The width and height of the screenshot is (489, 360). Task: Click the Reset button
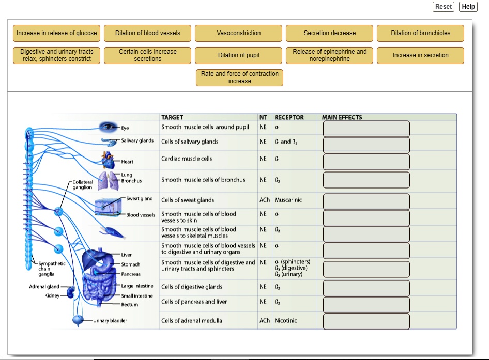pyautogui.click(x=443, y=7)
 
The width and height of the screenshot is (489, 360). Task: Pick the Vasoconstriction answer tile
pyautogui.click(x=238, y=33)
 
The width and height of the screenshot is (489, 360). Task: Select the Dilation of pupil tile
pyautogui.click(x=238, y=55)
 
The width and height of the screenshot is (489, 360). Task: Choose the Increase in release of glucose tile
pyautogui.click(x=57, y=33)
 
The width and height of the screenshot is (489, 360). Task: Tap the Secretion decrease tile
pyautogui.click(x=329, y=33)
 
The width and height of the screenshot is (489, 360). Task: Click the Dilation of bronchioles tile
pyautogui.click(x=420, y=33)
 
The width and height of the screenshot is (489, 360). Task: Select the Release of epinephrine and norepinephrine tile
pyautogui.click(x=329, y=55)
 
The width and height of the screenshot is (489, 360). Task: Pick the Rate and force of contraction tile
pyautogui.click(x=239, y=77)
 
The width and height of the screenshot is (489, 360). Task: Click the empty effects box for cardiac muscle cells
pyautogui.click(x=366, y=162)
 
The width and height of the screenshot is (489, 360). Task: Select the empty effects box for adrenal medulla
pyautogui.click(x=366, y=321)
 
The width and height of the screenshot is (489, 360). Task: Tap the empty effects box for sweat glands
pyautogui.click(x=366, y=201)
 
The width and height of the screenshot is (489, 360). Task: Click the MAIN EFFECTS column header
pyautogui.click(x=342, y=117)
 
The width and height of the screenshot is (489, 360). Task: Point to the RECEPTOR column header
pyautogui.click(x=289, y=117)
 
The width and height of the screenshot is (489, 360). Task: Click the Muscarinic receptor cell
pyautogui.click(x=288, y=200)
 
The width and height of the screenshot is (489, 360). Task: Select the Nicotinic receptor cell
pyautogui.click(x=286, y=321)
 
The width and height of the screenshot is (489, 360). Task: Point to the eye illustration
pyautogui.click(x=109, y=127)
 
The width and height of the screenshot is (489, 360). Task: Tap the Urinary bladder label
pyautogui.click(x=110, y=321)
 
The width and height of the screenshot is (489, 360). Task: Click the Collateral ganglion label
pyautogui.click(x=83, y=184)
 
